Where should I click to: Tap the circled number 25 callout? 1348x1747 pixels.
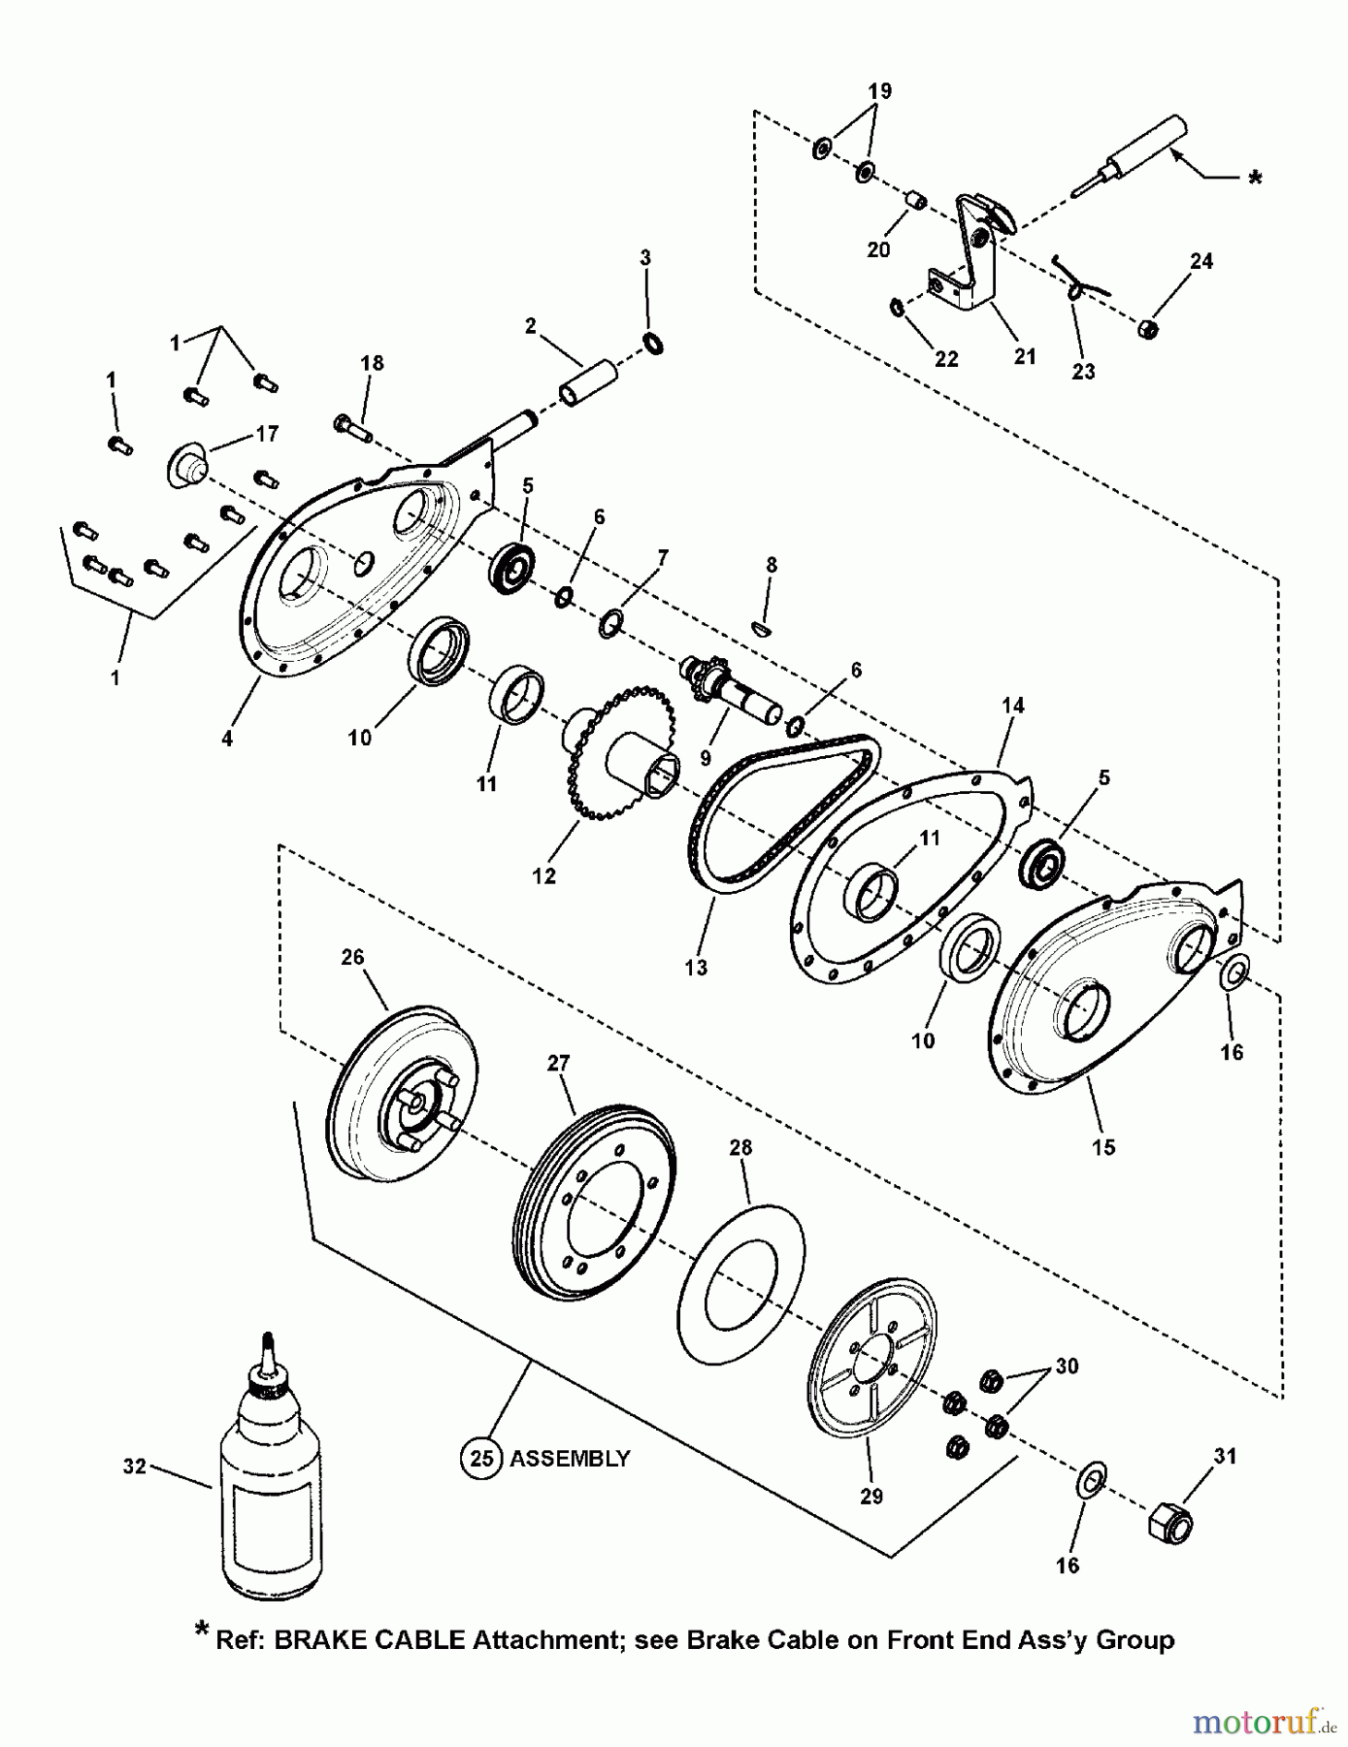point(481,1459)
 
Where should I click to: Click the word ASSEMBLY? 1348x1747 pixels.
point(570,1459)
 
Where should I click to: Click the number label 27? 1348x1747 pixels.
point(558,1064)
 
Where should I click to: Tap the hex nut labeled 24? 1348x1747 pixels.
point(1146,329)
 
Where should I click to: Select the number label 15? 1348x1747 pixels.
point(1102,1147)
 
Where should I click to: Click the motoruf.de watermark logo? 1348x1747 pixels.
point(1264,1723)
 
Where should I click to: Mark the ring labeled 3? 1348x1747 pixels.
point(654,343)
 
